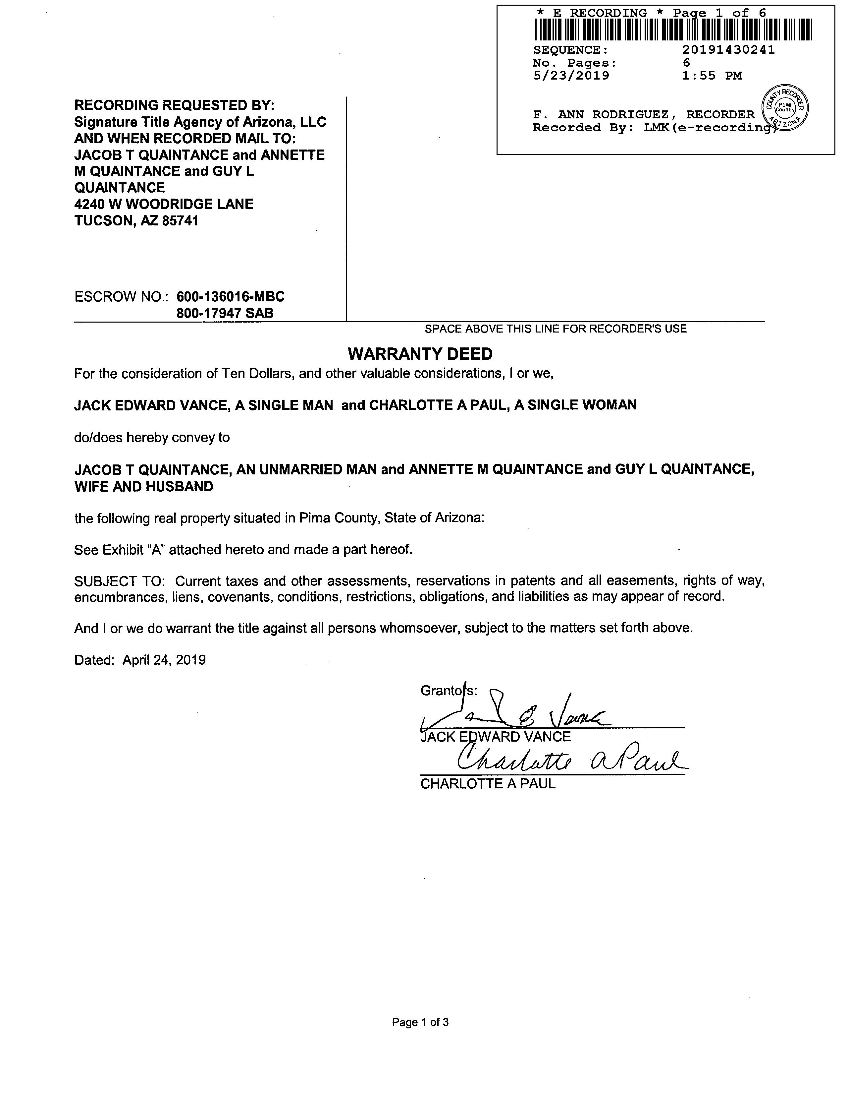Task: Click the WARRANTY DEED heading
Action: point(420,354)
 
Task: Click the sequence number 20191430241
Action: point(728,50)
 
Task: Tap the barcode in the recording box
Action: point(673,30)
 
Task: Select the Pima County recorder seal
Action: point(785,108)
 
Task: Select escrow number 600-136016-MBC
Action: point(231,297)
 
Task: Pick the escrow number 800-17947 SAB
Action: point(225,313)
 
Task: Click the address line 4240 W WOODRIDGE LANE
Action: point(164,204)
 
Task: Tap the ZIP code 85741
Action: point(180,221)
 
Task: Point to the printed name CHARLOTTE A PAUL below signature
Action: point(488,784)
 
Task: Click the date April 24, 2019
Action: point(164,660)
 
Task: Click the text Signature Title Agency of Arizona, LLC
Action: point(200,122)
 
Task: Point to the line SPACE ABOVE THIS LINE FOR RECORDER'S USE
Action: point(555,329)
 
